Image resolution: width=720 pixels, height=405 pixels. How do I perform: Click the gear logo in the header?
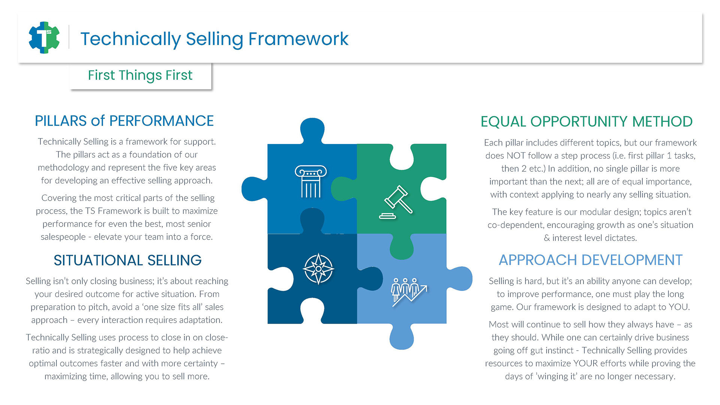pyautogui.click(x=44, y=37)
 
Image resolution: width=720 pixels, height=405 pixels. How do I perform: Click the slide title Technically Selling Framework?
pyautogui.click(x=214, y=39)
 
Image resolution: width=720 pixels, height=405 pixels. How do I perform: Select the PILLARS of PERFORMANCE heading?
pyautogui.click(x=124, y=121)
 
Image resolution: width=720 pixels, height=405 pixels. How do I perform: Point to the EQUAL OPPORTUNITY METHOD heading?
pyautogui.click(x=586, y=121)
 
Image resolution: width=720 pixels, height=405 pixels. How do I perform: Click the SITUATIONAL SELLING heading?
pyautogui.click(x=127, y=260)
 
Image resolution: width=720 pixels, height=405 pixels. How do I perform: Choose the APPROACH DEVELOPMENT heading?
pyautogui.click(x=591, y=260)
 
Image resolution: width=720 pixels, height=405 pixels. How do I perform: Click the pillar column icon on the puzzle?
pyautogui.click(x=311, y=181)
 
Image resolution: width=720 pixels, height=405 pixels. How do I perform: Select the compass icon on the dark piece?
pyautogui.click(x=318, y=269)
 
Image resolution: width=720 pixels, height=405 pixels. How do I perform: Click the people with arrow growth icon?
pyautogui.click(x=409, y=292)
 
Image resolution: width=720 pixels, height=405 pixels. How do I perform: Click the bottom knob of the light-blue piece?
pyautogui.click(x=402, y=336)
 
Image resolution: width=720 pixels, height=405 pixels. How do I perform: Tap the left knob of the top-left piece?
pyautogui.click(x=254, y=189)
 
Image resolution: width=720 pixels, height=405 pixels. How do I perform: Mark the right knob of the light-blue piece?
pyautogui.click(x=460, y=279)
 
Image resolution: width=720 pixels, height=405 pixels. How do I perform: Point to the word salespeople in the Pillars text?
pyautogui.click(x=63, y=237)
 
